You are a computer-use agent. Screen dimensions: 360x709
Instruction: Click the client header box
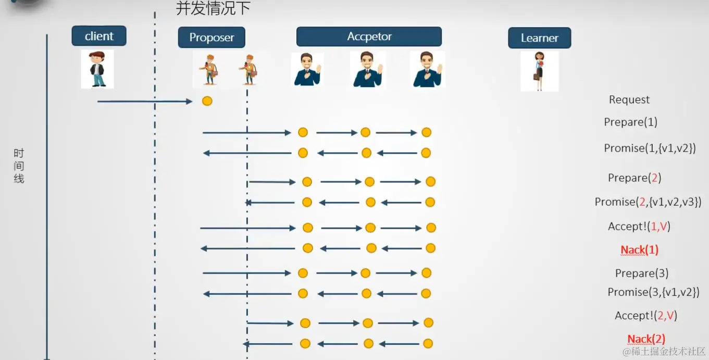click(99, 36)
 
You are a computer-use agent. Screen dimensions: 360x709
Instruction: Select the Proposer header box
click(212, 38)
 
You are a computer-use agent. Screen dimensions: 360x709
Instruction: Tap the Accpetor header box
click(369, 36)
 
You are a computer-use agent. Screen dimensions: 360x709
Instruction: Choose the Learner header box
click(539, 38)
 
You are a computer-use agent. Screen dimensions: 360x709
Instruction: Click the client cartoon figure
click(97, 69)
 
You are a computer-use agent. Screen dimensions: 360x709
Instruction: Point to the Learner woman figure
click(539, 71)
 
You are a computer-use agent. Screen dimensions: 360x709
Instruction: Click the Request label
click(629, 100)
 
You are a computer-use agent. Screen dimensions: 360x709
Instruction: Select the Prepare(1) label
click(630, 122)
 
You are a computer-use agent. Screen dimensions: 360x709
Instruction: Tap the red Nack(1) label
click(639, 250)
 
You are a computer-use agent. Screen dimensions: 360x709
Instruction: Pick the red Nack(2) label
click(646, 339)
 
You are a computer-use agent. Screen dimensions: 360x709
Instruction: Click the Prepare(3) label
click(641, 273)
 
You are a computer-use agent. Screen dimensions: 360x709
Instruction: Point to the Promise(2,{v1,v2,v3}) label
click(648, 202)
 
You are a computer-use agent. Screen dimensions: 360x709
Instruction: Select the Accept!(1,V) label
click(639, 226)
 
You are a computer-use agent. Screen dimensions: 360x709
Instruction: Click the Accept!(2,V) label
click(645, 315)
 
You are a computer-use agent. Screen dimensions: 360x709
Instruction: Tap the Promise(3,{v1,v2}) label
click(653, 292)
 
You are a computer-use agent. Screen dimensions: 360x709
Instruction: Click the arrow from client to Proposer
click(145, 101)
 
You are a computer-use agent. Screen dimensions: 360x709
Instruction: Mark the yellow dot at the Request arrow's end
click(207, 101)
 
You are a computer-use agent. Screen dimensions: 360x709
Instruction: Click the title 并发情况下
click(214, 9)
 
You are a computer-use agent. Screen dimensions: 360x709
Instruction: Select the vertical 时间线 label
click(19, 166)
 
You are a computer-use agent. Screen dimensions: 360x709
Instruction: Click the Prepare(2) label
click(635, 178)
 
